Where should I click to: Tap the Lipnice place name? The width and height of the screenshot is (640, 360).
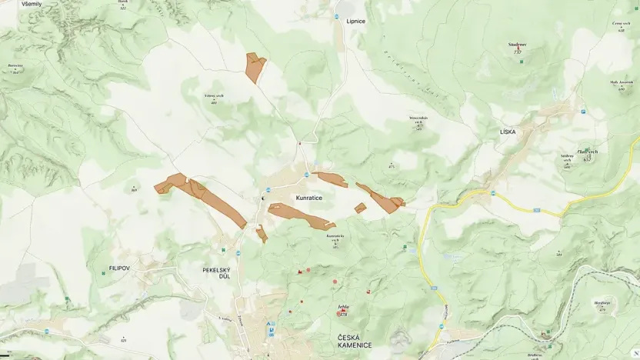coord(355,21)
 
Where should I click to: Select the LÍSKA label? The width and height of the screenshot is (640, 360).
coord(508,132)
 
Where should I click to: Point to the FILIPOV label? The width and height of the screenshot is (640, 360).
coord(112,270)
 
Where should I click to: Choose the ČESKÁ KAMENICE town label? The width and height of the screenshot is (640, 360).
coord(355,342)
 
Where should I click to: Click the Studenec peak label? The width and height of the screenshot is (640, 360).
coord(517,45)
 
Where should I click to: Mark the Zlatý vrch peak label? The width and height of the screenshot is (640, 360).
coord(587,152)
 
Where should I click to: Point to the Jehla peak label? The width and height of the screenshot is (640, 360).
coord(343,307)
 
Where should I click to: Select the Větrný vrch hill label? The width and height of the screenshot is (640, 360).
coord(214,95)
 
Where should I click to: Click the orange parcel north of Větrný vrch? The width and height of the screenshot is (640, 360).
coord(254,67)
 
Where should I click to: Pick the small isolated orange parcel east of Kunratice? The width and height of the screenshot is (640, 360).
coord(360,208)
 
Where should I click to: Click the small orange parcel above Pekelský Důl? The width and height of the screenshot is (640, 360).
coord(262,234)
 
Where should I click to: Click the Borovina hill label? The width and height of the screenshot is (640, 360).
coord(15,66)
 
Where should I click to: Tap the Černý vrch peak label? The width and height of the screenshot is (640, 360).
coord(622,24)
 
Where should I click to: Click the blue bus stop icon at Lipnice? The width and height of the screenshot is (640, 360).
coord(338,14)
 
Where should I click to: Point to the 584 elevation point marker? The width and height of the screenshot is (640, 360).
coord(559,253)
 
